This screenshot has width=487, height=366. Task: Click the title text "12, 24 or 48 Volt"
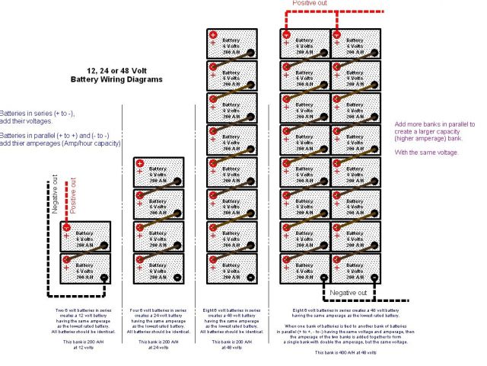116,69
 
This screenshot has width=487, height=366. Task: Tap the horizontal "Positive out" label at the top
311,3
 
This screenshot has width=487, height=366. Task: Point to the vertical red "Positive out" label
74,196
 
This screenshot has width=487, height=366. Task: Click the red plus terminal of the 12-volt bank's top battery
66,226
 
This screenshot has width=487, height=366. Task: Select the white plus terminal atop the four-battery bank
139,163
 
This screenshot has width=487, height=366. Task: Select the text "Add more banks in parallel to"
434,124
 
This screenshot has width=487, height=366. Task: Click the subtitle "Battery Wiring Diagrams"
116,79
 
